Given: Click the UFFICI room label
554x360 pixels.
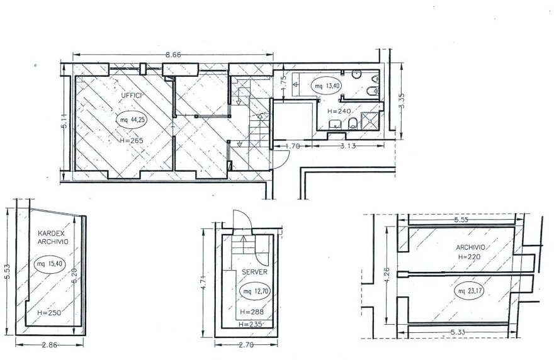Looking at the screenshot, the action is (132, 96).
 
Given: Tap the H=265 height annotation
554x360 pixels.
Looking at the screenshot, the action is (132, 140).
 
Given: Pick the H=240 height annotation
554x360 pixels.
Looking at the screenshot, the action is (339, 111).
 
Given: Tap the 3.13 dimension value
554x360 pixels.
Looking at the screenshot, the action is (348, 145).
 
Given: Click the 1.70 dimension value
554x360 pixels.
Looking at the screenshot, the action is (292, 145).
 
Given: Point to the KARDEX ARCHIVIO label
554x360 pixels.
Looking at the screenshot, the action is (53, 237).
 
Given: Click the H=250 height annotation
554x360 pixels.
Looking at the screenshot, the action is (49, 313).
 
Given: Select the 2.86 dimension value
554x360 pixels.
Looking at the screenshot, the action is (50, 345).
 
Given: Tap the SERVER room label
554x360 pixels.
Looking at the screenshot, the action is (255, 272).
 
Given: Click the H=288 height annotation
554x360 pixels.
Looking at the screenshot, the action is (252, 312).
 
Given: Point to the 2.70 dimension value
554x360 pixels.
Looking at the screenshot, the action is (246, 345).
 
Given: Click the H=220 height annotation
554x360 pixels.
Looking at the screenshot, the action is (469, 257).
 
